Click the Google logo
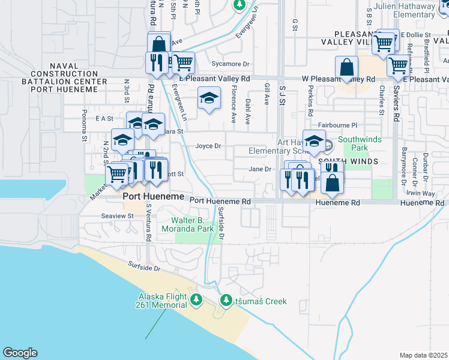coord(20,353)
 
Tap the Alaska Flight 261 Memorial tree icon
coord(196,299)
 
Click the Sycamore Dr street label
coord(230,64)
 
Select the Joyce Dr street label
coord(208,146)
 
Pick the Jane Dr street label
coord(260,169)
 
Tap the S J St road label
coord(282,94)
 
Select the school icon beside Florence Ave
coord(208,97)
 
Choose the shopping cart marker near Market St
coord(116,174)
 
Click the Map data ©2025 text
coord(423,355)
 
